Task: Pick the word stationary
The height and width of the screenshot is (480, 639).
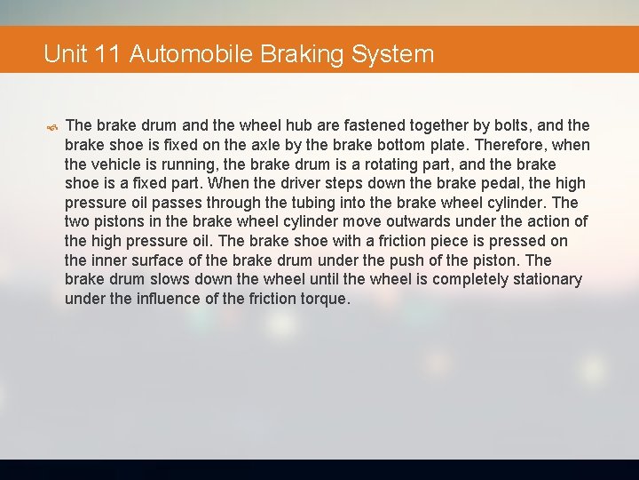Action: point(544,279)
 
